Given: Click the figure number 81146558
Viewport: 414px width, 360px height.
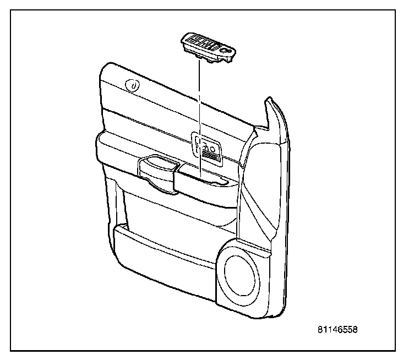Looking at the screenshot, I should [x=337, y=330].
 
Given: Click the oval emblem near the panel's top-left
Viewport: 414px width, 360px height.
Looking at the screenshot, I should [x=132, y=85].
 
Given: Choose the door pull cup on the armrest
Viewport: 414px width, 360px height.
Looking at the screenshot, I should [x=159, y=167].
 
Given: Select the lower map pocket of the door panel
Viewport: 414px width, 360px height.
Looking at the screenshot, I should [x=165, y=242].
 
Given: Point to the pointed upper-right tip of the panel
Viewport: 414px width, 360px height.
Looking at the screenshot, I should [x=269, y=102].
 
